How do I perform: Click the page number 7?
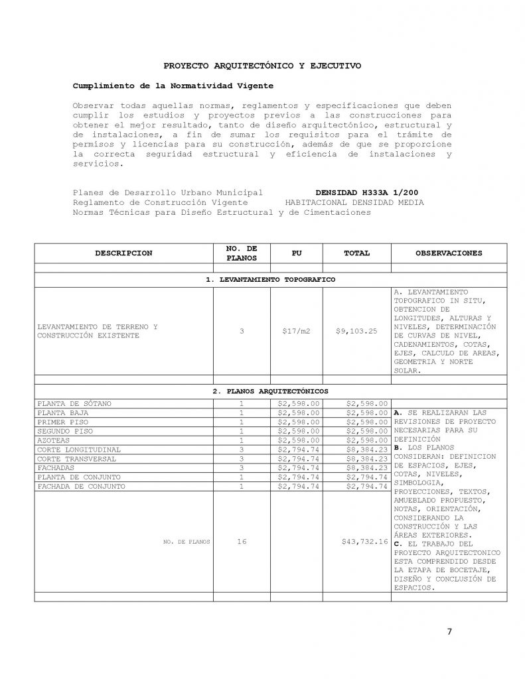(449, 631)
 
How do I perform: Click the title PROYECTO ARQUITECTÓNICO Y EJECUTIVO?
(262, 66)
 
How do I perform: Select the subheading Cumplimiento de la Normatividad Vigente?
(173, 86)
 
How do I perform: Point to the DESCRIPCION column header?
(123, 253)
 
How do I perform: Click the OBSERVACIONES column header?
(449, 253)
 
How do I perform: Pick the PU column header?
(296, 253)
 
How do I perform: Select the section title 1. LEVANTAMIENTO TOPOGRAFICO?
(270, 279)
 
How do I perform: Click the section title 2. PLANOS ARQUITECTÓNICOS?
(270, 391)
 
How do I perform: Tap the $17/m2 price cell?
(296, 331)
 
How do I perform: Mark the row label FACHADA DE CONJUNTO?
(81, 486)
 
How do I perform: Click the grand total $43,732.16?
(364, 542)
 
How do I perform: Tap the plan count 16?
(242, 542)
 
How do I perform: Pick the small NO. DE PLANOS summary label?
(187, 542)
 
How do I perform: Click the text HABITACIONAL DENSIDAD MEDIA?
(354, 202)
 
